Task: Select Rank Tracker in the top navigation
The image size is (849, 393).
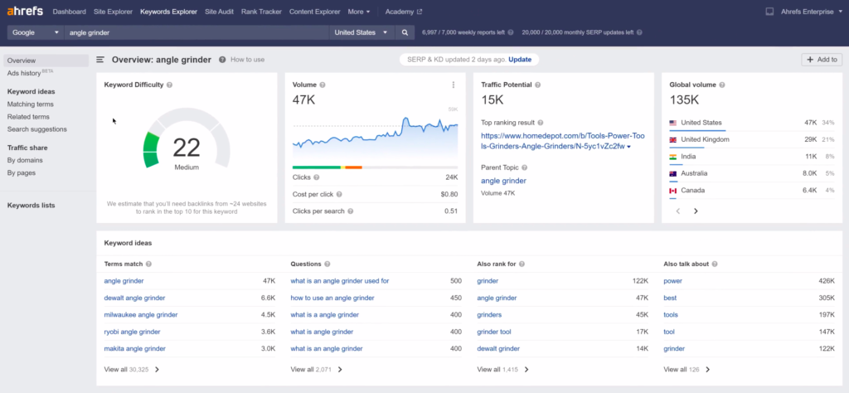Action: tap(260, 12)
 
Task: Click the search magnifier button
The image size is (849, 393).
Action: tap(405, 33)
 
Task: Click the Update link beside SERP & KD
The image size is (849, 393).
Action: tap(520, 60)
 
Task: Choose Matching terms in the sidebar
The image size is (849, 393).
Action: tap(30, 104)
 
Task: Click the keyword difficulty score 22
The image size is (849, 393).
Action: tap(187, 148)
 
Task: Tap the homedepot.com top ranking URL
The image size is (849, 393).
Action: tap(555, 140)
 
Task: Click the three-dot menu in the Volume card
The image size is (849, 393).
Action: tap(453, 85)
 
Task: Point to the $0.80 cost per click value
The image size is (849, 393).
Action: tap(450, 194)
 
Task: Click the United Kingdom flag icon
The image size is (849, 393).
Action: tap(674, 139)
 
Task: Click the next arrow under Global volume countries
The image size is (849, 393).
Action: tap(696, 211)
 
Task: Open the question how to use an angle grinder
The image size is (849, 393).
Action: tap(332, 298)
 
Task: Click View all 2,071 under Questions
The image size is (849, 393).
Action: tap(316, 369)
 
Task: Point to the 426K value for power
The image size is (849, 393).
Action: tap(826, 281)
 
